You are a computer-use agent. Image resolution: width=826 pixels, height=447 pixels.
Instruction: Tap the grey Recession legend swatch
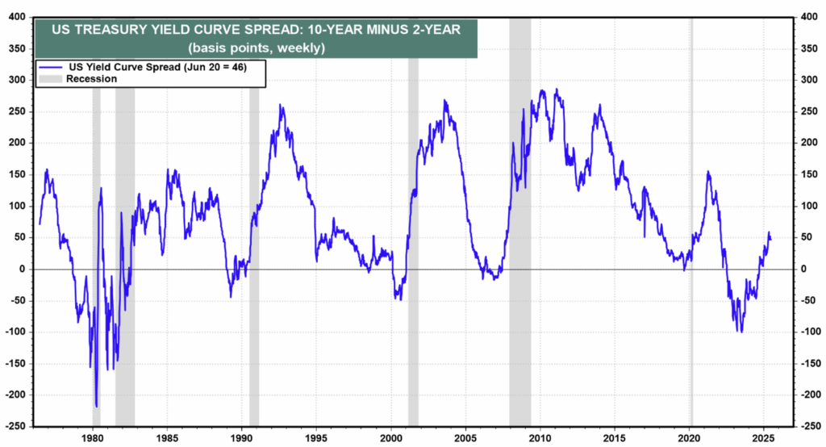point(50,79)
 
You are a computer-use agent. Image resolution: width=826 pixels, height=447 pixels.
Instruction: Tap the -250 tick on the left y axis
point(16,425)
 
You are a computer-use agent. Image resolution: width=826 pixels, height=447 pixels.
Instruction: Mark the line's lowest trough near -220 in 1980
point(96,407)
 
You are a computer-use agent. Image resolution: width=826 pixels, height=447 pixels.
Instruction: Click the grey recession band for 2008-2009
point(519,218)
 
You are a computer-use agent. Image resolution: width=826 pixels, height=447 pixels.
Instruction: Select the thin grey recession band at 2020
point(690,218)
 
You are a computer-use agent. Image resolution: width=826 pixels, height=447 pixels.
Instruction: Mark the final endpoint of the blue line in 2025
point(770,240)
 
